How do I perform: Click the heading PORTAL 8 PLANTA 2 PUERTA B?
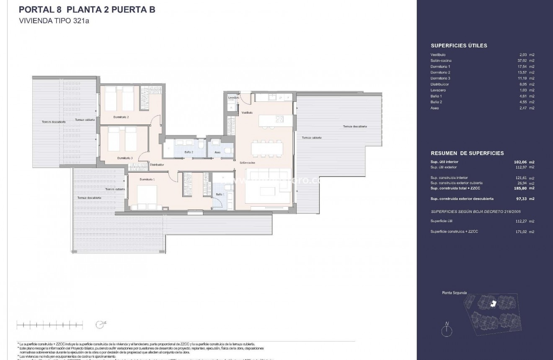pyautogui.click(x=87, y=10)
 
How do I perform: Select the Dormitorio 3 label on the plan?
pyautogui.click(x=125, y=158)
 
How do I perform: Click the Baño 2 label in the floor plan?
pyautogui.click(x=189, y=152)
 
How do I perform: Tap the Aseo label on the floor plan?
pyautogui.click(x=217, y=152)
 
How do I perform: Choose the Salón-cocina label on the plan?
pyautogui.click(x=248, y=163)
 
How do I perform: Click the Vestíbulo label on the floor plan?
pyautogui.click(x=247, y=113)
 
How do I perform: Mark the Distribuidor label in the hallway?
pyautogui.click(x=157, y=165)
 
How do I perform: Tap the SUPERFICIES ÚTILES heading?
pyautogui.click(x=459, y=46)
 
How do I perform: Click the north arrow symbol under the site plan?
pyautogui.click(x=447, y=329)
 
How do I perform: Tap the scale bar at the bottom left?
pyautogui.click(x=49, y=324)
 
